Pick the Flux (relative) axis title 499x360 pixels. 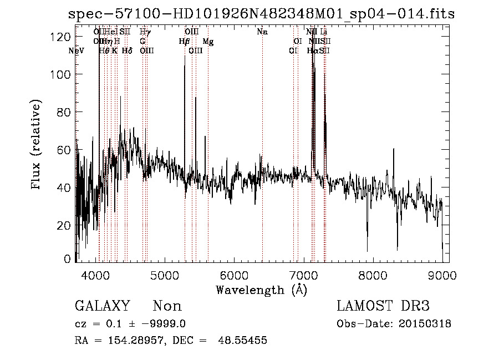coord(37,146)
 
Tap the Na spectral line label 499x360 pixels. coord(262,32)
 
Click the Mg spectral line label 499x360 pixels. coord(208,42)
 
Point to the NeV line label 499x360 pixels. coord(76,51)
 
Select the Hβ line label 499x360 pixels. coord(184,42)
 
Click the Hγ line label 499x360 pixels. coord(145,32)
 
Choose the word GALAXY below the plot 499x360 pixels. coord(103,306)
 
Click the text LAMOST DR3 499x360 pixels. coord(383,306)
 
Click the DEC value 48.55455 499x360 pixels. coord(244,341)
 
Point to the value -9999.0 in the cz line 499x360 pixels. coord(165,324)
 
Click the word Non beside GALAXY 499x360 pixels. coord(167,306)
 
